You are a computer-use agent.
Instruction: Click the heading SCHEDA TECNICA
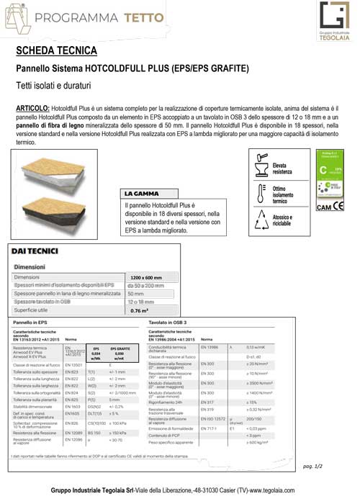tap(55, 50)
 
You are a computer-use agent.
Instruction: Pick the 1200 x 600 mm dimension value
tap(148, 277)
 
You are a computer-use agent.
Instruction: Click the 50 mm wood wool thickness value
tap(136, 294)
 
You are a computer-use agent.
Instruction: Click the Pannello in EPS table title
tap(33, 322)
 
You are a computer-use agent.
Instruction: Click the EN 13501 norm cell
tap(73, 365)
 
